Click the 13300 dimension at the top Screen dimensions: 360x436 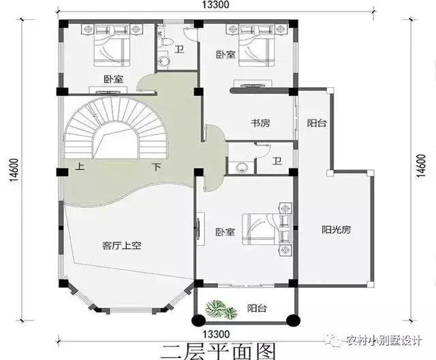tap(215, 5)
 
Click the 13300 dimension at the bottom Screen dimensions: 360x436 tap(215, 333)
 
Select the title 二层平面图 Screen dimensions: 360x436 tap(218, 350)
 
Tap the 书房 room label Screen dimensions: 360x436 tap(260, 123)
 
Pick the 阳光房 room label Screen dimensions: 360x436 tap(336, 230)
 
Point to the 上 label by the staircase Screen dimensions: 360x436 tap(80, 166)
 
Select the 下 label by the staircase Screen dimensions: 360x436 tap(156, 166)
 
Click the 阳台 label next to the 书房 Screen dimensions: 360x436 tap(315, 123)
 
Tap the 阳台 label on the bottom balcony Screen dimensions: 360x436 tap(257, 309)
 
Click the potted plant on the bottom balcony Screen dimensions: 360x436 tap(219, 310)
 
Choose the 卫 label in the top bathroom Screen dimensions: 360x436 tap(179, 48)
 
